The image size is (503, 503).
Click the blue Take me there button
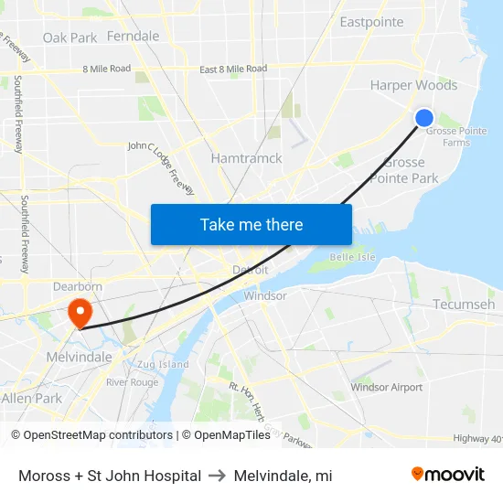tap(251, 224)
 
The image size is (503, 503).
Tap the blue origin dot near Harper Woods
tap(424, 118)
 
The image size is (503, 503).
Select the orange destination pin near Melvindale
tap(80, 314)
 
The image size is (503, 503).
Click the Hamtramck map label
tap(246, 158)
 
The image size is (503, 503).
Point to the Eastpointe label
tap(371, 22)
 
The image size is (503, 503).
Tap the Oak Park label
tap(70, 37)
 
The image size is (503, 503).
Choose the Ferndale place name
tap(133, 37)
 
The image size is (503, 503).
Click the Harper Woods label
tap(413, 85)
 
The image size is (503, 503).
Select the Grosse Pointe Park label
tap(404, 170)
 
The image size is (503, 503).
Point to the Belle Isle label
tap(352, 257)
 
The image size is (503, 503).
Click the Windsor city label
tap(266, 295)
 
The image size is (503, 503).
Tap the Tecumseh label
tap(464, 304)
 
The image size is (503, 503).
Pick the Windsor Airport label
tap(387, 387)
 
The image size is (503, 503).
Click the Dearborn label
tap(78, 286)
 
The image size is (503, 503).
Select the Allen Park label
tap(31, 399)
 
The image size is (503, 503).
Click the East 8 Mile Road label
tap(233, 69)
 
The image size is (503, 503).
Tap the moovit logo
tap(448, 475)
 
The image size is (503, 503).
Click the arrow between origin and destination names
tap(218, 476)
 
